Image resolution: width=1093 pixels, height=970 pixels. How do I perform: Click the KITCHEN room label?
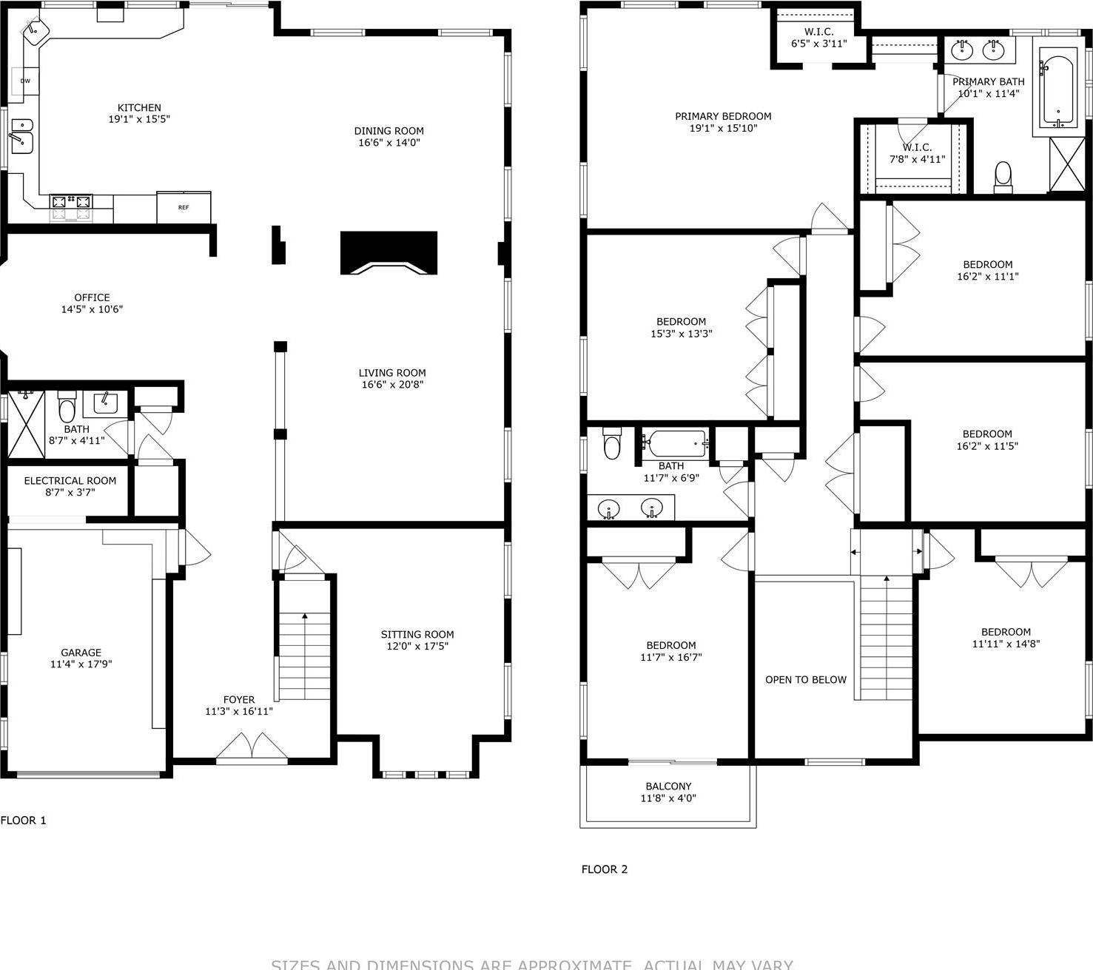pyautogui.click(x=139, y=108)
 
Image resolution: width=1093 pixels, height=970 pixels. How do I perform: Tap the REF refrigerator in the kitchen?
pyautogui.click(x=184, y=207)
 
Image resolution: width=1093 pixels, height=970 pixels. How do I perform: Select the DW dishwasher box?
pyautogui.click(x=25, y=81)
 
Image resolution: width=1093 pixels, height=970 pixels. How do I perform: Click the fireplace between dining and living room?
pyautogui.click(x=389, y=252)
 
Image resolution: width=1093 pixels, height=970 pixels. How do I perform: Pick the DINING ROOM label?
pyautogui.click(x=389, y=131)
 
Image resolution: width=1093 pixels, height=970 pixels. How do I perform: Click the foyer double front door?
pyautogui.click(x=252, y=747)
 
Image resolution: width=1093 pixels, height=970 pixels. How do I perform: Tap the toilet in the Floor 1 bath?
pyautogui.click(x=67, y=408)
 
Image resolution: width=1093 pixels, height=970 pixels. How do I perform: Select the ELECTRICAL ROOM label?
pyautogui.click(x=70, y=481)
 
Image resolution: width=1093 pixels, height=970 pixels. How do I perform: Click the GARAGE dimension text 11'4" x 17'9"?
pyautogui.click(x=81, y=664)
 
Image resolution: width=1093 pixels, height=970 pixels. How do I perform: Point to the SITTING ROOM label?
pyautogui.click(x=417, y=634)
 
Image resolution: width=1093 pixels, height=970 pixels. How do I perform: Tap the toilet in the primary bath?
pyautogui.click(x=1003, y=178)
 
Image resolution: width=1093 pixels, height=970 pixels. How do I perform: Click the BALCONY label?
pyautogui.click(x=668, y=787)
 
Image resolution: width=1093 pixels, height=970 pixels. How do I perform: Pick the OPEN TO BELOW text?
pyautogui.click(x=805, y=679)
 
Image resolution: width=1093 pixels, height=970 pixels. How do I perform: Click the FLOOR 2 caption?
pyautogui.click(x=604, y=869)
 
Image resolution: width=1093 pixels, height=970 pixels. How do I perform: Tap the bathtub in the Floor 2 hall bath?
pyautogui.click(x=674, y=444)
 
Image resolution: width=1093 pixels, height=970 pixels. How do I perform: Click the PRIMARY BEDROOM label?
pyautogui.click(x=723, y=116)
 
